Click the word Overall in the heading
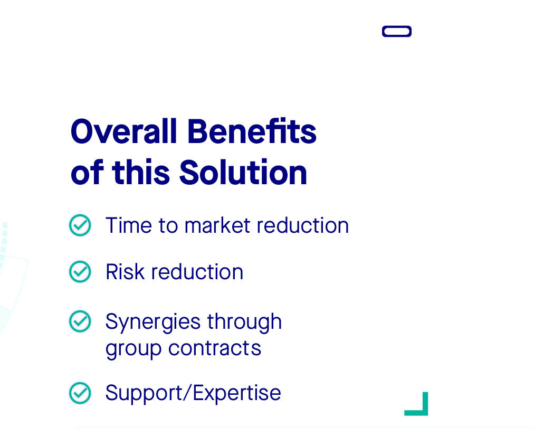(x=123, y=131)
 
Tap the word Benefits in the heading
(x=252, y=131)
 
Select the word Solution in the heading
(x=243, y=173)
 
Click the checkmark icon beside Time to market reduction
(x=80, y=225)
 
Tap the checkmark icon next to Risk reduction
(x=80, y=271)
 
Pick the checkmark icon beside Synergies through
(x=80, y=321)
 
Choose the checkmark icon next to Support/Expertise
(x=80, y=393)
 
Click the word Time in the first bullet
(x=128, y=225)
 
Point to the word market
(x=217, y=225)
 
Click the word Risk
(x=125, y=272)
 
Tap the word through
(x=244, y=321)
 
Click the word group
(x=133, y=349)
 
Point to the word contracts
(x=215, y=348)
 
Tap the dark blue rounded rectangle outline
(x=397, y=26)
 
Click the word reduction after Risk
(x=197, y=272)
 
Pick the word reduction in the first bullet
(x=303, y=225)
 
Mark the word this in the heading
(x=141, y=173)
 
